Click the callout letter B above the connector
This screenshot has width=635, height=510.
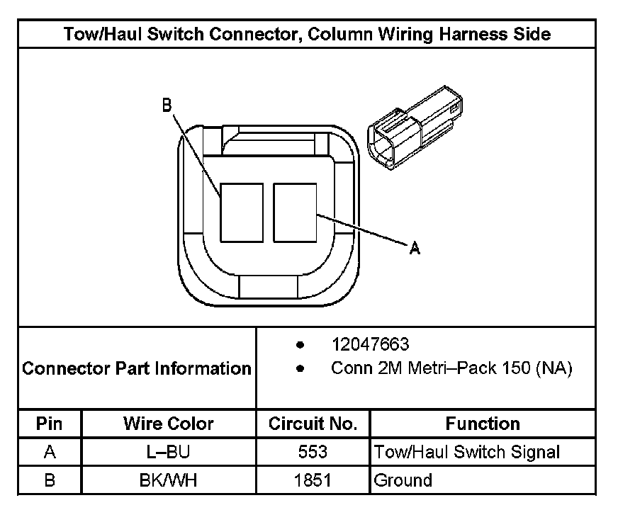point(167,106)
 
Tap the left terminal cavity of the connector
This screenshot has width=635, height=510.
point(242,212)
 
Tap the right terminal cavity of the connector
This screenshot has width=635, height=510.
point(295,212)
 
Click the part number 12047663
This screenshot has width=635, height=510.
point(370,344)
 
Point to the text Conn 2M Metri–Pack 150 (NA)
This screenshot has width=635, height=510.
point(451,368)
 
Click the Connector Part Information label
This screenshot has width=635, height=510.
point(137,368)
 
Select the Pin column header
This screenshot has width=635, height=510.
point(50,424)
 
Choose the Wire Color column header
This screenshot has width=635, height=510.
point(169,424)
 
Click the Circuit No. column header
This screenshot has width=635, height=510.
point(313,424)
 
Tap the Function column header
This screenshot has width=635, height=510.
point(483,424)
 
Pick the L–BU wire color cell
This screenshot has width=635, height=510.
point(169,452)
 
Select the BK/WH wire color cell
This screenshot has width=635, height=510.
point(169,480)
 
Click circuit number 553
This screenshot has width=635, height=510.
point(313,452)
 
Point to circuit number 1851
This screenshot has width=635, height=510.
point(313,480)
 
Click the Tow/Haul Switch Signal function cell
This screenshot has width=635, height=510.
point(467,452)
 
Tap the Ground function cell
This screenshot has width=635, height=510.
point(403,480)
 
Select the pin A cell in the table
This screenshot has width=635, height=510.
point(50,452)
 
